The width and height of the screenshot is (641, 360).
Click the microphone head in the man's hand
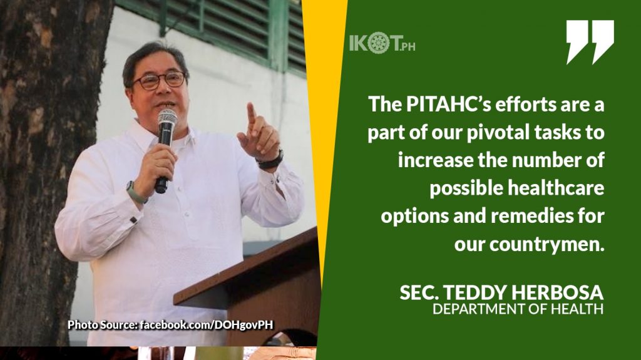pyautogui.click(x=167, y=118)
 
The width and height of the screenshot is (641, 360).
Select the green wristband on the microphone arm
pyautogui.click(x=135, y=192)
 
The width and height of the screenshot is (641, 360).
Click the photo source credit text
pyautogui.click(x=170, y=324)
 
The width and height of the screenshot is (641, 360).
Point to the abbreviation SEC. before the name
pyautogui.click(x=416, y=294)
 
